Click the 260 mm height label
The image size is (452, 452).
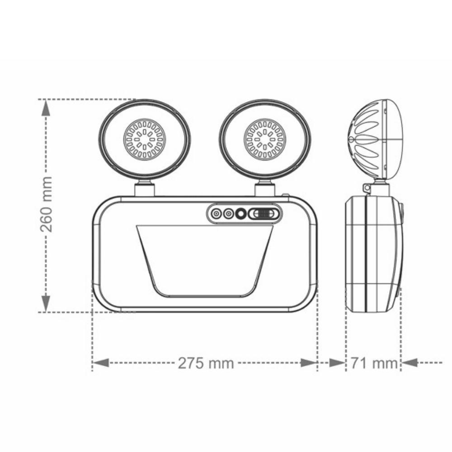point(46,204)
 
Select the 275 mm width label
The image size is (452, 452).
point(206,363)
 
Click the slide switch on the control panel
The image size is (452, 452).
point(264,213)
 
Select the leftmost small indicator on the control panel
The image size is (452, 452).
point(217,213)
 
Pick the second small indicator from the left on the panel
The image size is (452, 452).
point(229,213)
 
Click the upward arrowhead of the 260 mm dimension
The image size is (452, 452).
point(46,108)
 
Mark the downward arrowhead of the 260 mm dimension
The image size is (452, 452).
point(46,302)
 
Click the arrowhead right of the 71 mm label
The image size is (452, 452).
point(409,363)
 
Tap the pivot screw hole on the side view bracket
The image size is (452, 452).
point(367,187)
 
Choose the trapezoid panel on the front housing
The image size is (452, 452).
point(204,260)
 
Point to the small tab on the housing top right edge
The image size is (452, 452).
point(286,196)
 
